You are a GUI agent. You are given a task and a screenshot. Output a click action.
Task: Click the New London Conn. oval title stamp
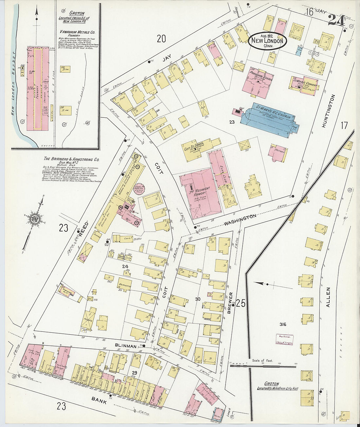pos(267,41)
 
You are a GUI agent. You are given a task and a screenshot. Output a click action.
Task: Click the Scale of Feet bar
pos(262,365)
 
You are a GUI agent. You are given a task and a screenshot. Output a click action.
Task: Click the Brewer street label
pos(230,303)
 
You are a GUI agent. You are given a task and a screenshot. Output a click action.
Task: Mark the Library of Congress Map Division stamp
pos(284,340)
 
